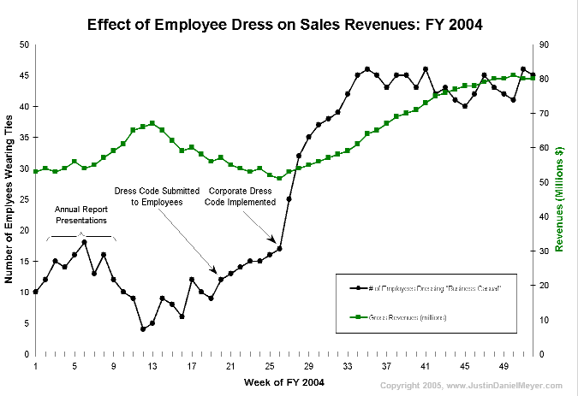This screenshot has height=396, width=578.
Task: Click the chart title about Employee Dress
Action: pos(285,24)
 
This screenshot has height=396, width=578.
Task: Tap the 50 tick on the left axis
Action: pos(24,44)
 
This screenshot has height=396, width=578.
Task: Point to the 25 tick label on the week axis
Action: pos(269,366)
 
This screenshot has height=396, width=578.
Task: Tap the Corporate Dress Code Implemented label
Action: pos(242,197)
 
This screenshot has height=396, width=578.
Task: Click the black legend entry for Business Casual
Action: pos(424,287)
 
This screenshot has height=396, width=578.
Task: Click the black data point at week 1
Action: pos(35,292)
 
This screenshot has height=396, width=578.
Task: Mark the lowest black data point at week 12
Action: pos(143,329)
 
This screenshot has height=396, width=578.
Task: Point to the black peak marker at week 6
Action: pos(84,242)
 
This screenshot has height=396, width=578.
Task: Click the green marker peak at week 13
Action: pos(152,123)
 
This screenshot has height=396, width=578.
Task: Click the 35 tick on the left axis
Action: pos(24,137)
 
